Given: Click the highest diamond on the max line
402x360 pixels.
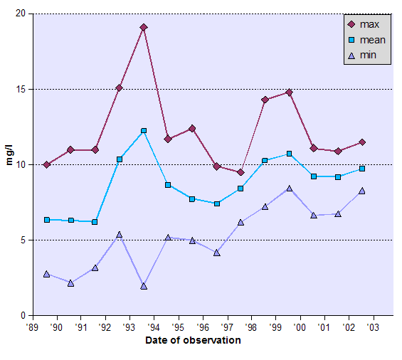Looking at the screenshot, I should tap(144, 27).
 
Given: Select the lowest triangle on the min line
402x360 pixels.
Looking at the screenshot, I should tap(144, 286).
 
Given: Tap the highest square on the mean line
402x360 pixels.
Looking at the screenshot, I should tap(144, 131).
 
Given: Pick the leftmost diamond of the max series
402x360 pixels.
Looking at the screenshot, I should tap(46, 164).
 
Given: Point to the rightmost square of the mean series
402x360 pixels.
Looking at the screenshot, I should tap(362, 169).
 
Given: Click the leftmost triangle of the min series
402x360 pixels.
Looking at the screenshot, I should tap(46, 274).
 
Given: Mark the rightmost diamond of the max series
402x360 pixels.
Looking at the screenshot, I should tap(362, 142).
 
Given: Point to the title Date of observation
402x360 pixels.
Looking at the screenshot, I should tap(192, 340).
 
